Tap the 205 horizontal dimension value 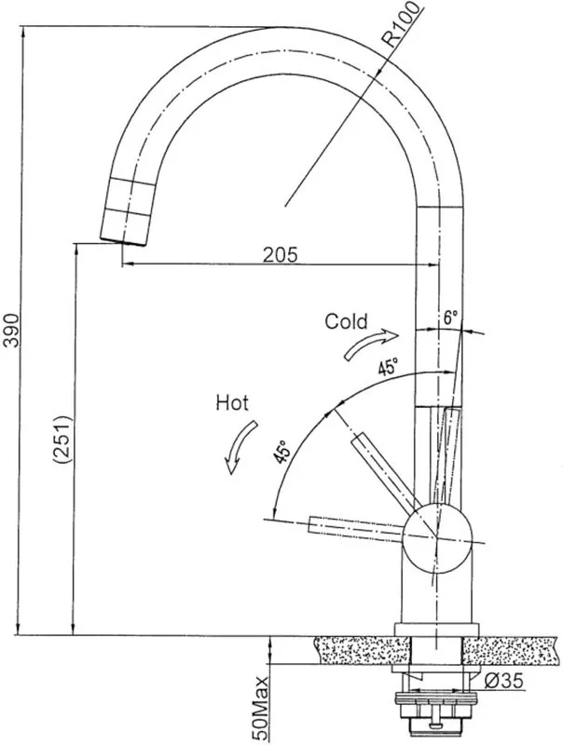281,254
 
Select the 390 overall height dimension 11,331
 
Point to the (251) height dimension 62,440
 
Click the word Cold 346,321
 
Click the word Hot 232,403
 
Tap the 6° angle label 450,318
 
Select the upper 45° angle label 388,367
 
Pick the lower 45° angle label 281,452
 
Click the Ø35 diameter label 504,681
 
